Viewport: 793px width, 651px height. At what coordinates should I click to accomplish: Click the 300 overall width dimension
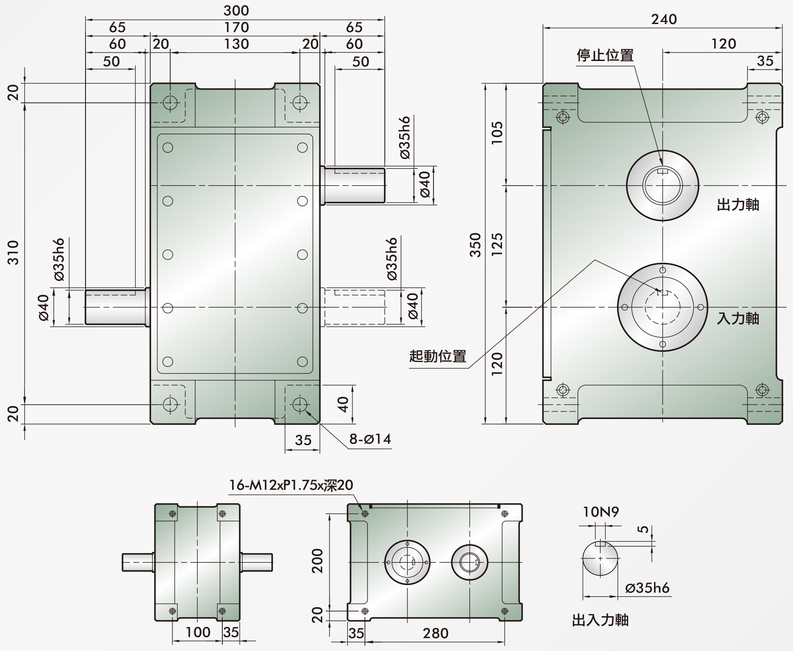click(236, 10)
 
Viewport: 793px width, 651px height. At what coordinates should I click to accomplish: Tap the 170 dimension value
click(236, 27)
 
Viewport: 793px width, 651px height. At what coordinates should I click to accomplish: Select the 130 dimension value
click(236, 44)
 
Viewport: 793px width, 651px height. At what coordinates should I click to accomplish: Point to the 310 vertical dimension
click(14, 252)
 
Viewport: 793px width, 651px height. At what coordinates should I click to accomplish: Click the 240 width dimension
click(664, 19)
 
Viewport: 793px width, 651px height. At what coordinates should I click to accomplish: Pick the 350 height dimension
click(476, 244)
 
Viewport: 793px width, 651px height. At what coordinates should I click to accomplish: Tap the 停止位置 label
click(605, 55)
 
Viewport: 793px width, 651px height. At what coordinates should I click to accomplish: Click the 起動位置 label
click(438, 356)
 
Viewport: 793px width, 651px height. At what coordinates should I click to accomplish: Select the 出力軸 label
click(738, 204)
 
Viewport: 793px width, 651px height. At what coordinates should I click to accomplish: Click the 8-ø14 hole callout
click(370, 439)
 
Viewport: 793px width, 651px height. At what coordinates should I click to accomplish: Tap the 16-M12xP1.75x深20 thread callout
click(291, 484)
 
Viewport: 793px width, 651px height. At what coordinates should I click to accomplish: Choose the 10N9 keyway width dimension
click(601, 512)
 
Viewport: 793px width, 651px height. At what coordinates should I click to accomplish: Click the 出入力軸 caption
click(600, 620)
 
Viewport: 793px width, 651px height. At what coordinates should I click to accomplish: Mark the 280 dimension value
click(435, 633)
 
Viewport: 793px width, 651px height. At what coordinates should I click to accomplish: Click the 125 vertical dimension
click(497, 244)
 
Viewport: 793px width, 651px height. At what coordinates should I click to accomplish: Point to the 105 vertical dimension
click(497, 132)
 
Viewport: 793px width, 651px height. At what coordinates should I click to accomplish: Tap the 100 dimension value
click(198, 632)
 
